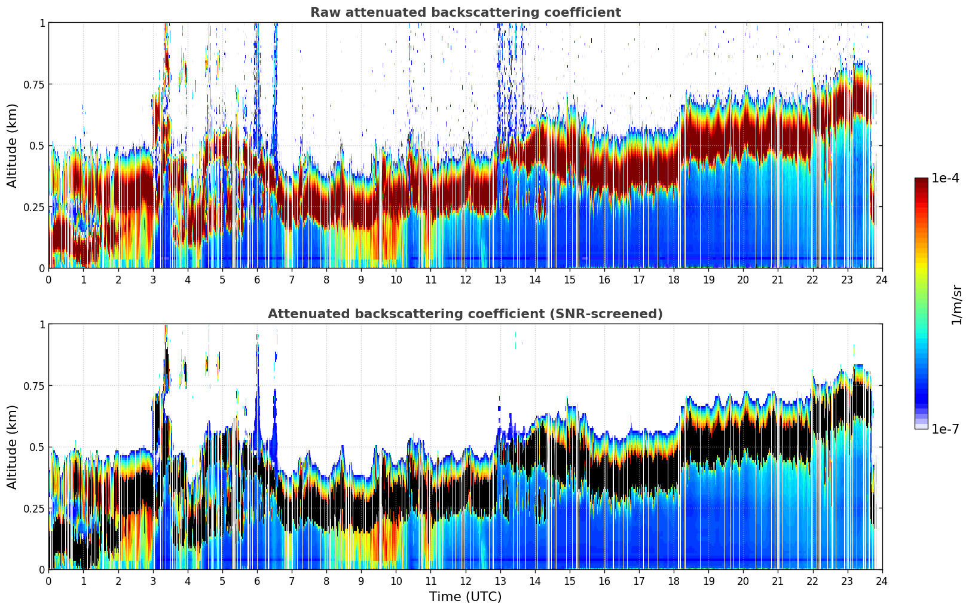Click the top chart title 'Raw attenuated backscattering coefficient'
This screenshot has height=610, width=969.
[465, 13]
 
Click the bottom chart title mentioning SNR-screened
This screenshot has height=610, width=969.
[465, 314]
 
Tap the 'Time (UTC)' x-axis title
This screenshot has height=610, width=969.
[465, 597]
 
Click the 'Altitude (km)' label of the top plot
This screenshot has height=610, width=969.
[13, 145]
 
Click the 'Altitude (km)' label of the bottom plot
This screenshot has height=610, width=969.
[13, 447]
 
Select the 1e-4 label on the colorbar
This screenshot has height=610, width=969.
[945, 178]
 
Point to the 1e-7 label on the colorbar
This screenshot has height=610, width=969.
[945, 429]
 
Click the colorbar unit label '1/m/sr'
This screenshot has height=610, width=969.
[956, 305]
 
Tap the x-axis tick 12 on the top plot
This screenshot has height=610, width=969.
[466, 279]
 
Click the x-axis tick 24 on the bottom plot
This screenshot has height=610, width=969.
[882, 581]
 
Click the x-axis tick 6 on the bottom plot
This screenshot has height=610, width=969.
[257, 581]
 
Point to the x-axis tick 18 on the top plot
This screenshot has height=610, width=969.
[674, 279]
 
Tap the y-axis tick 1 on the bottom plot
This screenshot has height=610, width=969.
[42, 325]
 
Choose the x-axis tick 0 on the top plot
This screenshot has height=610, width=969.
[49, 279]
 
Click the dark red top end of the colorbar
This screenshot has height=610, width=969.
[921, 181]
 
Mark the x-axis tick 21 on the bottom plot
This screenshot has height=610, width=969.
[778, 581]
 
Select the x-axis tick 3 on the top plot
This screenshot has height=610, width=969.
[153, 279]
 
